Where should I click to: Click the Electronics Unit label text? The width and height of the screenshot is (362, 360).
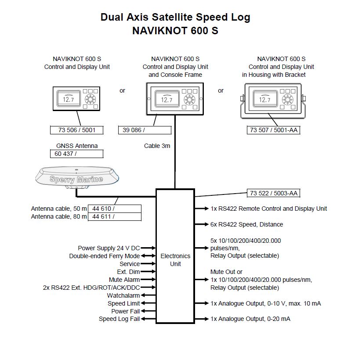pos(175,259)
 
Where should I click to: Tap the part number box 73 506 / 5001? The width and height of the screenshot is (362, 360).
pos(76,130)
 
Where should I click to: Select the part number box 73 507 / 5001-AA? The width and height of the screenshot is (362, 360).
pos(273,130)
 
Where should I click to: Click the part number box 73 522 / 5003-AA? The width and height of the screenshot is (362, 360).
pos(273,193)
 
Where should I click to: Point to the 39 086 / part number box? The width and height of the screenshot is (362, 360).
pos(145,130)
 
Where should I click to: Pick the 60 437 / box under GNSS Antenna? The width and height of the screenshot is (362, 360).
pos(76,154)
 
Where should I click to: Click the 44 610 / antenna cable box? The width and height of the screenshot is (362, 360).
pos(115,209)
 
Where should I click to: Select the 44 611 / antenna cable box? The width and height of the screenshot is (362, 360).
pos(115,216)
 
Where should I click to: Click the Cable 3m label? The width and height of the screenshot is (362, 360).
pos(157,146)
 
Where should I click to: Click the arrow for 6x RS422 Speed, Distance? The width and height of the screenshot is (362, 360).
pos(202,224)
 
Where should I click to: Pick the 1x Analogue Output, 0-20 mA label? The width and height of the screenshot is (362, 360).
pos(250,319)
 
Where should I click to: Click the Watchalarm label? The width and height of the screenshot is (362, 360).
pos(123,295)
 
